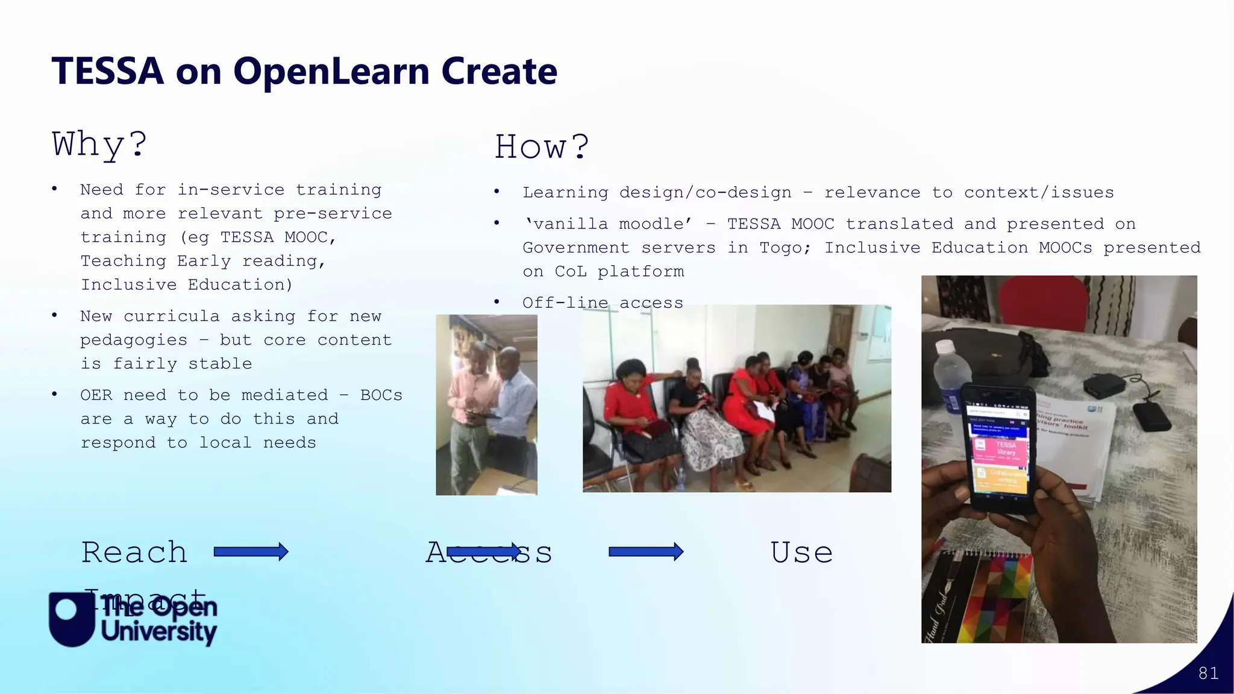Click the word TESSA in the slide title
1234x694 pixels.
107,71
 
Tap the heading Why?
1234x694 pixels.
99,145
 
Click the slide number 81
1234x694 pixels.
1208,673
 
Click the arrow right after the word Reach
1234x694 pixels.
251,552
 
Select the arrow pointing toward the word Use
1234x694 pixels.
646,552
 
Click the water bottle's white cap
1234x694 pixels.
945,348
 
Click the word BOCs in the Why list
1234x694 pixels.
381,395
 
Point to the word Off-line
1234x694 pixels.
565,303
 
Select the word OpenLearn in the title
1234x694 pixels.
332,71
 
